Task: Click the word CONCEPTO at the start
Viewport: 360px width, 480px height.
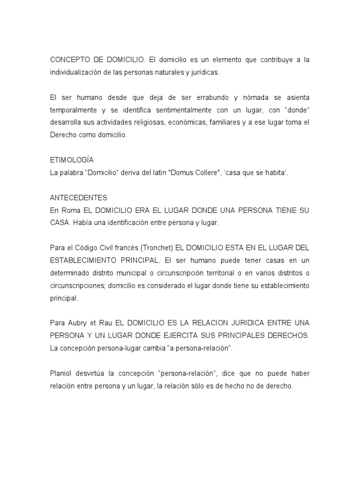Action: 68,60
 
